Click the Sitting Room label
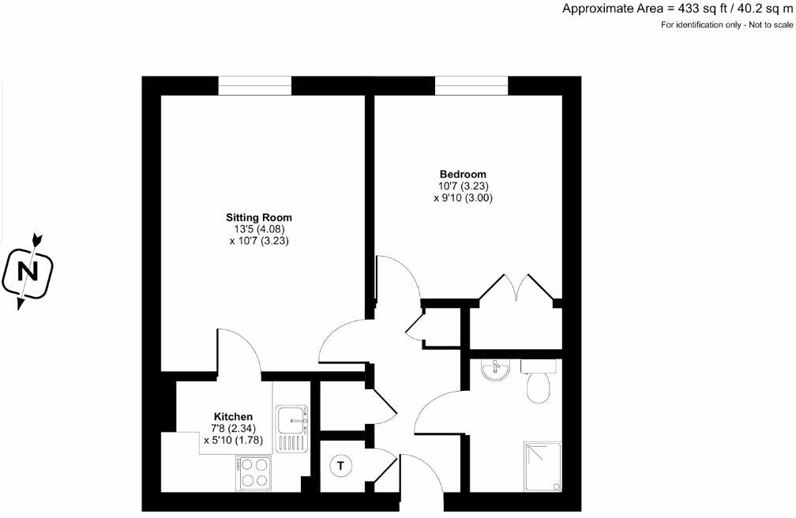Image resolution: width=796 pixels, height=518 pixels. point(259,217)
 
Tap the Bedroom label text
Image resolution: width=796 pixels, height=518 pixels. point(463,175)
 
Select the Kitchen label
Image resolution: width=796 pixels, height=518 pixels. point(233,416)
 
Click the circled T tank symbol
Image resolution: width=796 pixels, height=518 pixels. point(341,466)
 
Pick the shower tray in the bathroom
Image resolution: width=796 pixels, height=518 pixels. point(543,465)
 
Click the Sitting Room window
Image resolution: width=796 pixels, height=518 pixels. point(254,85)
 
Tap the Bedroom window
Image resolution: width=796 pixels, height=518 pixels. point(471,85)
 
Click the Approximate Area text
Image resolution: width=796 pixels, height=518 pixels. point(677,9)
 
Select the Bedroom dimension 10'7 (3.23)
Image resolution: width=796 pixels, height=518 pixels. point(463,186)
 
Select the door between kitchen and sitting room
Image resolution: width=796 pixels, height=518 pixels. point(238,351)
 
